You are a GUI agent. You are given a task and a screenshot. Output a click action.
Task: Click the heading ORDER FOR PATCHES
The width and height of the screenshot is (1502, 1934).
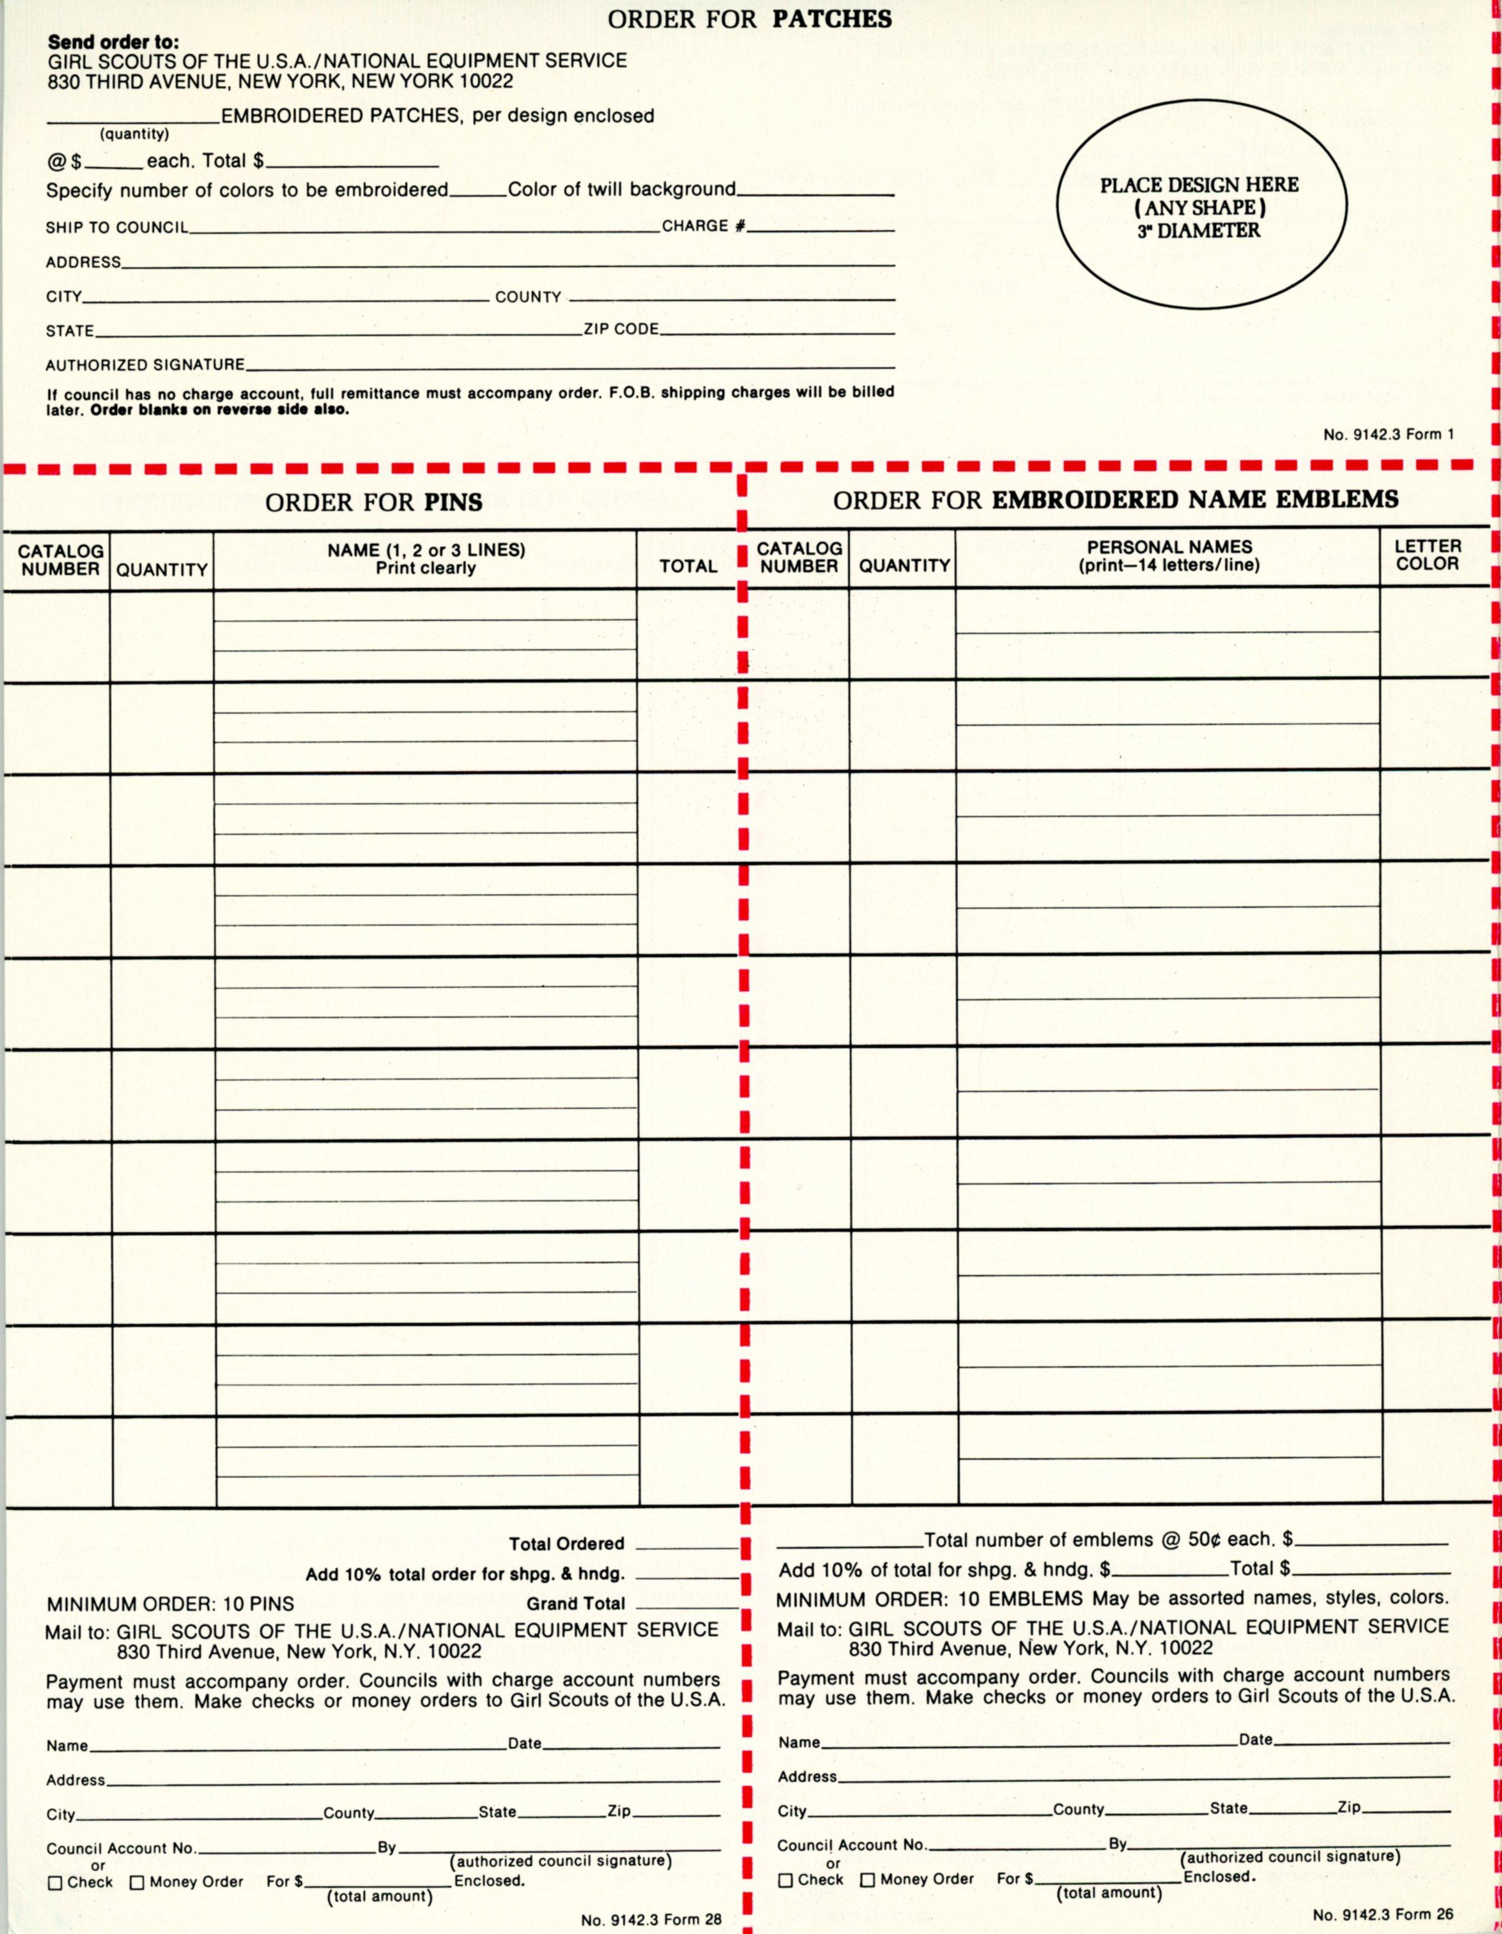[x=749, y=19]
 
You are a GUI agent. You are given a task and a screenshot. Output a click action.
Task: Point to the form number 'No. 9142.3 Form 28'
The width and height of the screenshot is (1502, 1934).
[x=651, y=1920]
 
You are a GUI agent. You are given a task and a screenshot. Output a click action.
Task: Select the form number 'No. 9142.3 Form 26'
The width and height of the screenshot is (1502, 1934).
[x=1383, y=1913]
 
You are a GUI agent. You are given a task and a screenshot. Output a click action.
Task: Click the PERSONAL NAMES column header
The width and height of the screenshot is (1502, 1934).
[x=1169, y=556]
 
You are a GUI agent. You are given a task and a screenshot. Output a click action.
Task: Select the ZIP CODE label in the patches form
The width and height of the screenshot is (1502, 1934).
[x=621, y=329]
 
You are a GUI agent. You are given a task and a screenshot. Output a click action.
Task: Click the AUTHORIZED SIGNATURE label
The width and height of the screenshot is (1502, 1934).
[x=145, y=365]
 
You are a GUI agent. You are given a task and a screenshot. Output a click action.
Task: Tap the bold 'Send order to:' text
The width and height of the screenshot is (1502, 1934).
[x=113, y=42]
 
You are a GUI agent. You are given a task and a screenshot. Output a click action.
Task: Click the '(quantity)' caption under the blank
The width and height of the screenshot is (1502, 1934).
[x=134, y=134]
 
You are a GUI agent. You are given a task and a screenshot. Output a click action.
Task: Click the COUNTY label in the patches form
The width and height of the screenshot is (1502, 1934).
[x=528, y=297]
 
